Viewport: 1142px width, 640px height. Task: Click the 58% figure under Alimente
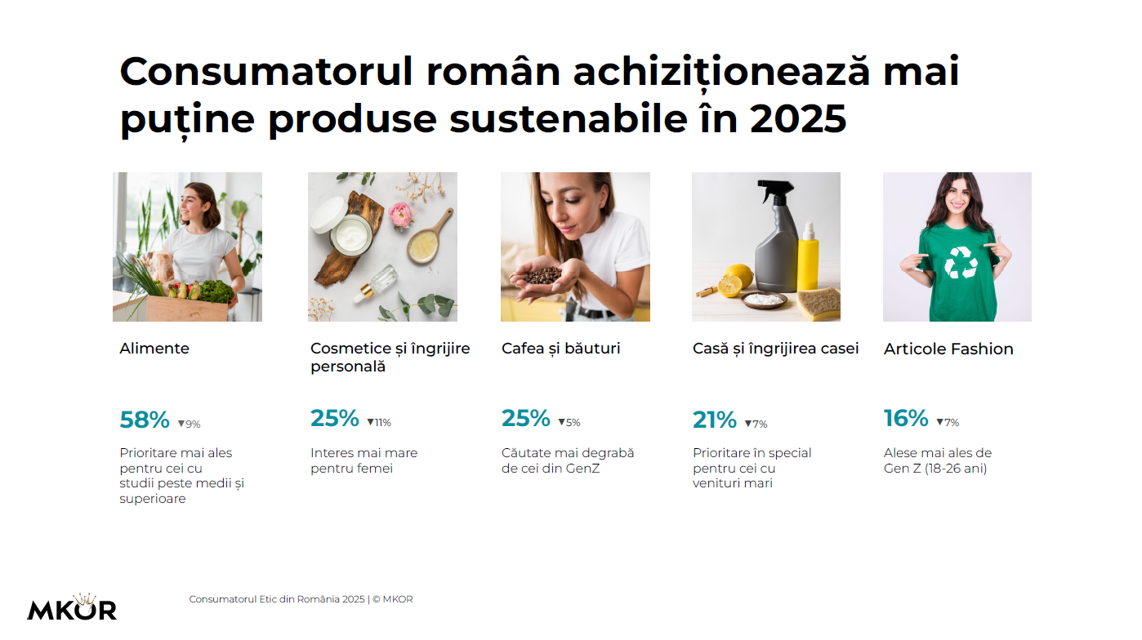(x=145, y=420)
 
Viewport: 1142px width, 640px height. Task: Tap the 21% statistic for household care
(x=715, y=420)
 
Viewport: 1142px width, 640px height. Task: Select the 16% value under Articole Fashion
(x=906, y=419)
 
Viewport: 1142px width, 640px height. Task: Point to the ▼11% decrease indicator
(x=379, y=423)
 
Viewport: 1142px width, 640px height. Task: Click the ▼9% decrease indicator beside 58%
(x=189, y=424)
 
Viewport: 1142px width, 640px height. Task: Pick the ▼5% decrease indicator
(x=569, y=423)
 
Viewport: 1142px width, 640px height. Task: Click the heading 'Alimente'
(x=154, y=349)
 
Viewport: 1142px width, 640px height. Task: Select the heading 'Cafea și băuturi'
(x=561, y=349)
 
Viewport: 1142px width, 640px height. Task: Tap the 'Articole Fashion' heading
(x=948, y=349)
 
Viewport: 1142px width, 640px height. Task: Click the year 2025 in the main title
(x=798, y=119)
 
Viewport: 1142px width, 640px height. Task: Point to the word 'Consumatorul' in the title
(x=265, y=72)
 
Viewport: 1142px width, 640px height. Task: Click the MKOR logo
(x=72, y=607)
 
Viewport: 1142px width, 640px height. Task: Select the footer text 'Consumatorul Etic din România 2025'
(x=277, y=599)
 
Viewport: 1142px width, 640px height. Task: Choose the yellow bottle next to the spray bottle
(x=808, y=257)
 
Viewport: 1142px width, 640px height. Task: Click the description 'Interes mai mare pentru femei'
(x=364, y=460)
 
